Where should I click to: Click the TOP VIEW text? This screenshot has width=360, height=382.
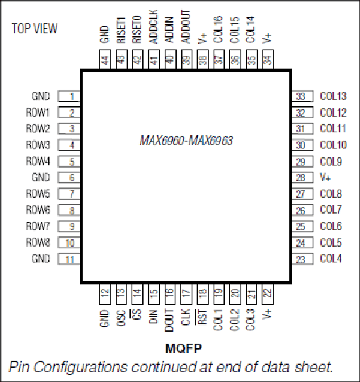[35, 28]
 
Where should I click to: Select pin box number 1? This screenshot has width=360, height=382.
[69, 96]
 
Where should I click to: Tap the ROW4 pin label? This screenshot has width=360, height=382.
[38, 161]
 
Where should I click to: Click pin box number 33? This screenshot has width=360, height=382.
[303, 96]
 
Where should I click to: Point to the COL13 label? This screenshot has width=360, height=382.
[333, 96]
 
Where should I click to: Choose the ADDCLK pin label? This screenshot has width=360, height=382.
[153, 27]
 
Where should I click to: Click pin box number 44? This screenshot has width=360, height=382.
[105, 59]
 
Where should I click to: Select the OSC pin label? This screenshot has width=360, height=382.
[121, 318]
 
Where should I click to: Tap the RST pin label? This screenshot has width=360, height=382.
[202, 317]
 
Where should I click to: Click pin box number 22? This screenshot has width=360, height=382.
[267, 294]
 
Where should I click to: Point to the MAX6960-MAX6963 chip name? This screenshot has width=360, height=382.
[186, 141]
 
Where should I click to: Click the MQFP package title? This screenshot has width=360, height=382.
[183, 348]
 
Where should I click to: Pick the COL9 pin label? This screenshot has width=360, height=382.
[331, 161]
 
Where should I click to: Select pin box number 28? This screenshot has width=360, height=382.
[303, 178]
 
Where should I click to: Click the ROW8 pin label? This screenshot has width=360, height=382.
[38, 243]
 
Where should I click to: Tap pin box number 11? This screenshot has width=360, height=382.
[69, 259]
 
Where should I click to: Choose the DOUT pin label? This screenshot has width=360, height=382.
[170, 320]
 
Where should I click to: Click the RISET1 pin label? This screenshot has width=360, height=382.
[121, 30]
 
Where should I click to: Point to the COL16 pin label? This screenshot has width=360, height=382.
[219, 30]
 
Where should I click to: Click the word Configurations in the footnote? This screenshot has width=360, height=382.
[81, 367]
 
